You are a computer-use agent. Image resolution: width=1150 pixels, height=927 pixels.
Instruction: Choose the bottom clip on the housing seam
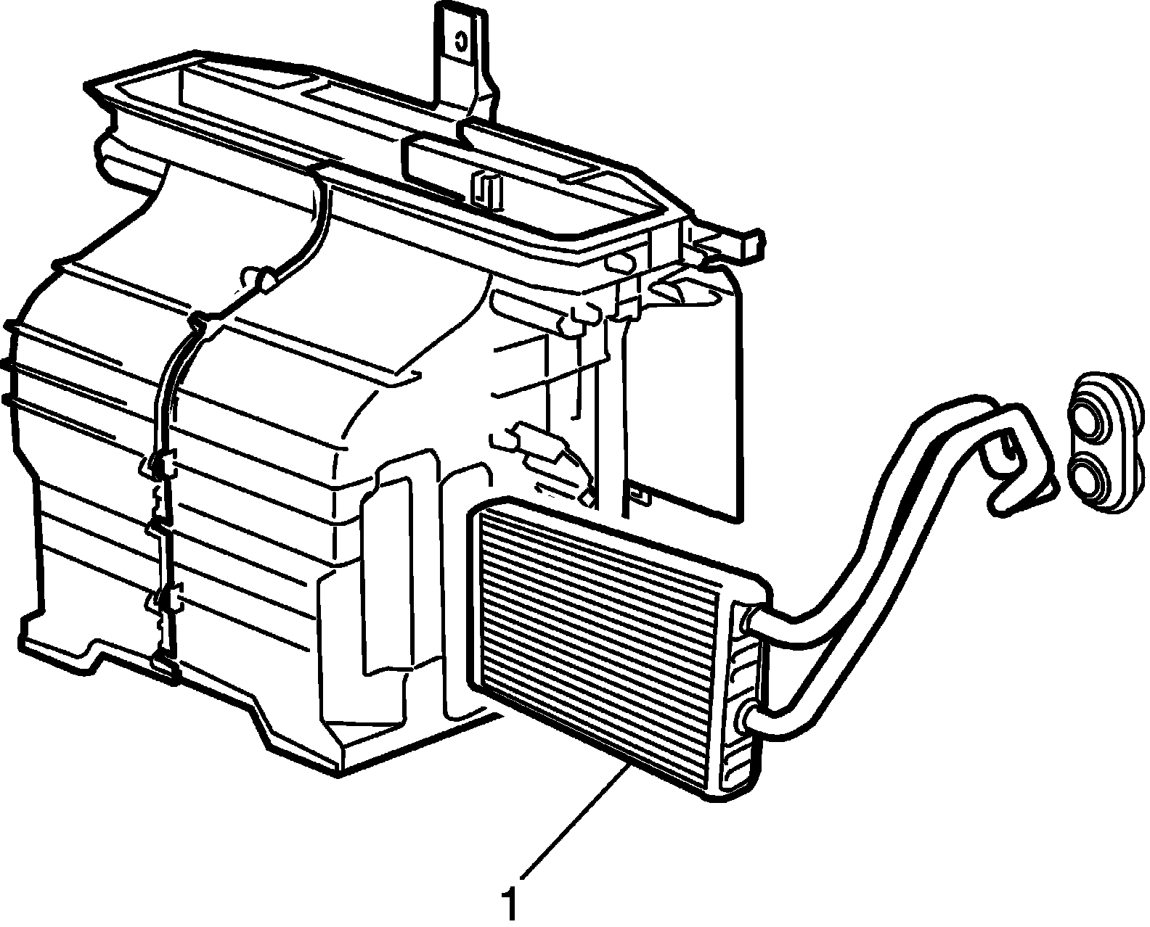163,665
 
